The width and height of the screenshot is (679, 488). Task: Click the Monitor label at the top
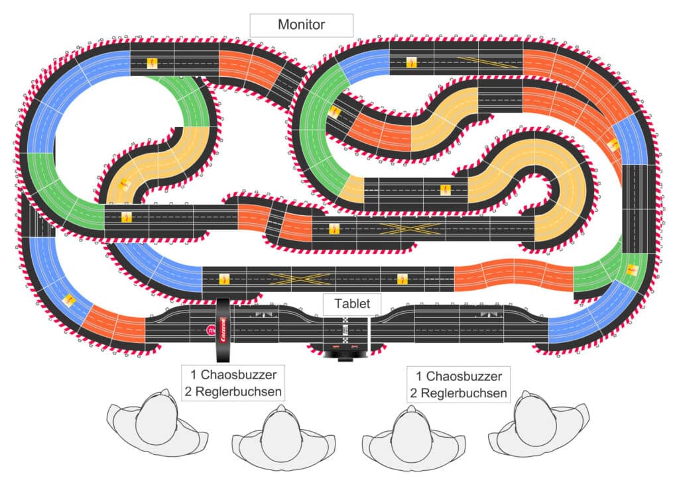tap(301, 25)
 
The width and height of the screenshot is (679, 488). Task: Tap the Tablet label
tap(352, 304)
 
